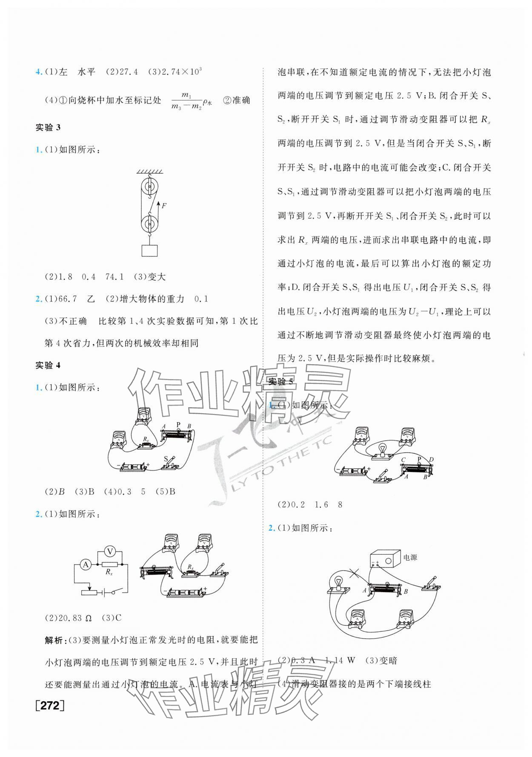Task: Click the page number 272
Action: coord(50,717)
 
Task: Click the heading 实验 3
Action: coord(48,127)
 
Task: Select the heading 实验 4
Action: coord(48,365)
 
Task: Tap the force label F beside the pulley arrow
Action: coord(164,205)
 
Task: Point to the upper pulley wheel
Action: coord(149,186)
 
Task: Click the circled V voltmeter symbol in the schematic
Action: coord(110,551)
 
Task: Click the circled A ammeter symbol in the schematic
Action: coord(86,564)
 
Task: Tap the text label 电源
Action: coord(410,557)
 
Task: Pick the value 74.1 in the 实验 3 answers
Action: coord(114,277)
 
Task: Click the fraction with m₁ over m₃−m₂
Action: coord(186,101)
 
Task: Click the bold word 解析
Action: coord(55,640)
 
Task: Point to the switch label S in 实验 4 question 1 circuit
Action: coord(166,459)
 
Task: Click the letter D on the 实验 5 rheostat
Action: coord(431,460)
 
